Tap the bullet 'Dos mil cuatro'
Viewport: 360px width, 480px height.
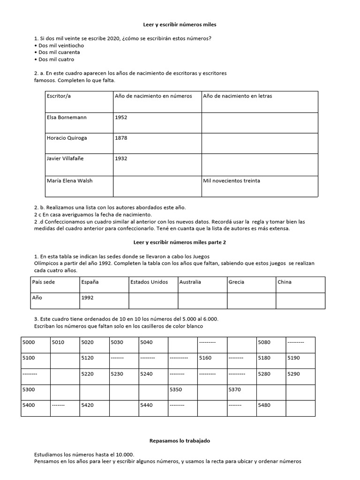click(56, 60)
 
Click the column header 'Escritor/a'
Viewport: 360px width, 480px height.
click(59, 96)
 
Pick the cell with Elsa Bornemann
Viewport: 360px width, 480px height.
click(67, 117)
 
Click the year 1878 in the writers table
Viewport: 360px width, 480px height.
click(121, 138)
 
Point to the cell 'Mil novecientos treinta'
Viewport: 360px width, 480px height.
click(232, 180)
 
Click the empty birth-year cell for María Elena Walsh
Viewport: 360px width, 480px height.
click(157, 186)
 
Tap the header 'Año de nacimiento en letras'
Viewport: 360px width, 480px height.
click(237, 96)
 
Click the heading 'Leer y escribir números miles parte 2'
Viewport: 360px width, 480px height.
click(180, 242)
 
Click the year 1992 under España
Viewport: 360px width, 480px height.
click(88, 297)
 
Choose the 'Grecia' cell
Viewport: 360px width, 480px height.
click(236, 282)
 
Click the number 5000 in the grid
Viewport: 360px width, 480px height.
click(29, 342)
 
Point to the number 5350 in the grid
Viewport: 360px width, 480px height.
click(176, 390)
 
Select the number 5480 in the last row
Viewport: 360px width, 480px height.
click(264, 405)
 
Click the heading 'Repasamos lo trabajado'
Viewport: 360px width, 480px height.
click(180, 441)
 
